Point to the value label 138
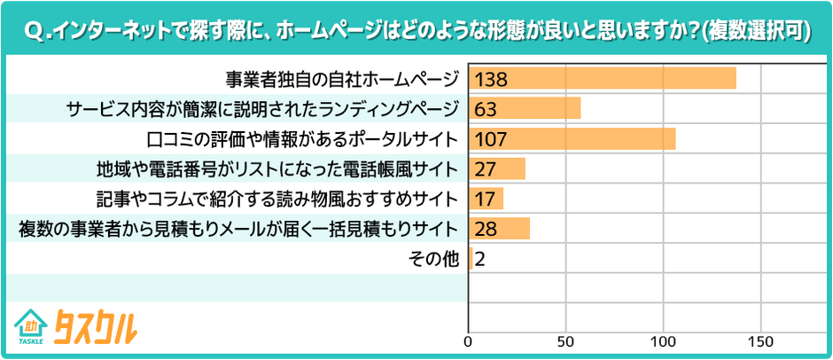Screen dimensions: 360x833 click(490, 79)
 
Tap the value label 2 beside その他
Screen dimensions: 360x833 click(479, 259)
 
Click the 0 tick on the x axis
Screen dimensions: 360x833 click(469, 340)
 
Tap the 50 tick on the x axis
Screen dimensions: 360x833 click(565, 340)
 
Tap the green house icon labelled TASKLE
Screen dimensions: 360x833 click(31, 326)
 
